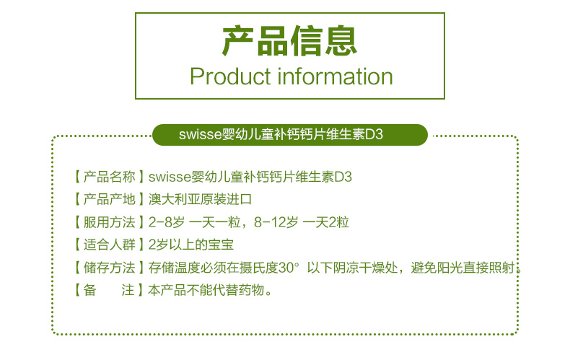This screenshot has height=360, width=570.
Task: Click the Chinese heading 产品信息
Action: [289, 40]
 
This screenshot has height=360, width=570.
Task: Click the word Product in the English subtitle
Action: [230, 76]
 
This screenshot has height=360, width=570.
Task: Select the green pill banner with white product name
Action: [290, 134]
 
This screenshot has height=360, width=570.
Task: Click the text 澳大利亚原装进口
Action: [200, 199]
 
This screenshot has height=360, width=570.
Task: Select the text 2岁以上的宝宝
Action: [191, 245]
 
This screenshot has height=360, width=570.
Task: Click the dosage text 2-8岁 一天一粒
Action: [195, 222]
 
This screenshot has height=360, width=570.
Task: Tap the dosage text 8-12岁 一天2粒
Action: [302, 222]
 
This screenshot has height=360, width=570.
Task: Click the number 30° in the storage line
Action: [289, 268]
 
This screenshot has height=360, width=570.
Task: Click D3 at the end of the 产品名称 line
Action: [343, 177]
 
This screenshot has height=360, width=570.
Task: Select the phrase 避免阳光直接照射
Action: [462, 268]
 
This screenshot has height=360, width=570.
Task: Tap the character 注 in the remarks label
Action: [128, 290]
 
